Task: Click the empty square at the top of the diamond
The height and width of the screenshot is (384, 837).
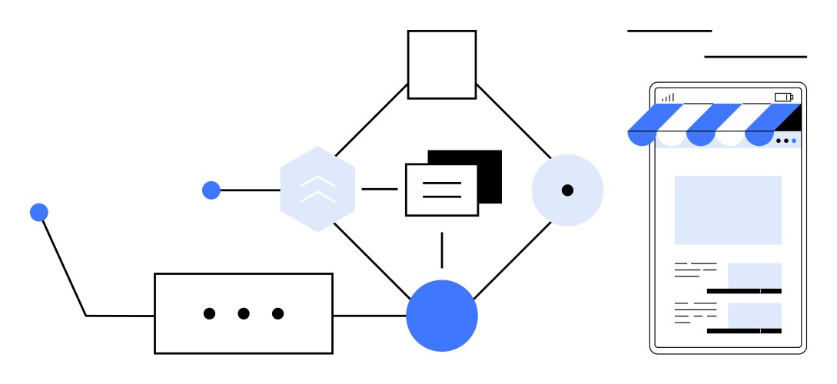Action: (441, 65)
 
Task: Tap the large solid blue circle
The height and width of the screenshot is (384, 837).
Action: (442, 316)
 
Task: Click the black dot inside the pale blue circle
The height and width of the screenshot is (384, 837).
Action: (567, 190)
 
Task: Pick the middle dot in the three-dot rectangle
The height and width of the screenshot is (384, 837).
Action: (244, 313)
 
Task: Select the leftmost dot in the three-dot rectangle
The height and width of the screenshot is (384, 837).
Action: (209, 313)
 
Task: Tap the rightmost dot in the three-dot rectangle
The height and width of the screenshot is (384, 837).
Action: (278, 313)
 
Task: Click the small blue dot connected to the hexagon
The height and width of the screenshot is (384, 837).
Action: (211, 190)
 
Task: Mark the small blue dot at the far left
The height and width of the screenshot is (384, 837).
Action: (39, 212)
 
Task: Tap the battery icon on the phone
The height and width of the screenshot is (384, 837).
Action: (783, 97)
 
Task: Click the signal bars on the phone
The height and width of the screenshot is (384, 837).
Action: (669, 98)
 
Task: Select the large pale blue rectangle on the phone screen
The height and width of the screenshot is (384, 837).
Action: (728, 210)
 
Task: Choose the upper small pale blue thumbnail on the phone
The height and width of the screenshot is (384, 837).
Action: (754, 275)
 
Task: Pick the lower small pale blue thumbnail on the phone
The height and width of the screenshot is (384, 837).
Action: (754, 315)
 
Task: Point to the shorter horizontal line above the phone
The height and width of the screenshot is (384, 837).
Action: (669, 31)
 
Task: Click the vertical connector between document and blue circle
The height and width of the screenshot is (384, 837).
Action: (442, 250)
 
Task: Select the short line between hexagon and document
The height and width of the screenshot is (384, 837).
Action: (379, 189)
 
